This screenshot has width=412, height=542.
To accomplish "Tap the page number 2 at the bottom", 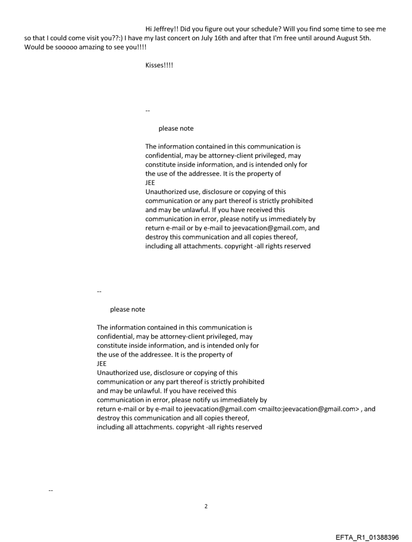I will [205, 506].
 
